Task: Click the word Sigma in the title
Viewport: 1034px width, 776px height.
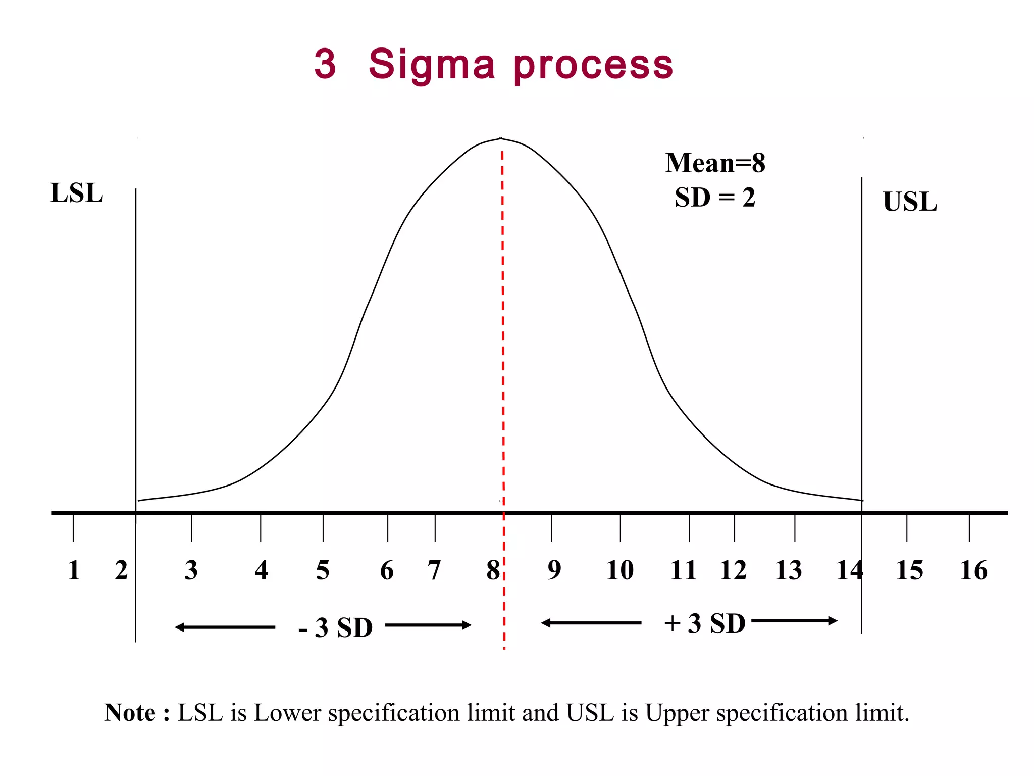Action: click(432, 65)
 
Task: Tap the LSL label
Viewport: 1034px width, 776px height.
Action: click(76, 193)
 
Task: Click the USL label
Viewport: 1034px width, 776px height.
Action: click(909, 202)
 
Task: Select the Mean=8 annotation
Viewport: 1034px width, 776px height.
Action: click(715, 163)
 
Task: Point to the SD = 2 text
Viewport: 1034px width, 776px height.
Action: click(715, 198)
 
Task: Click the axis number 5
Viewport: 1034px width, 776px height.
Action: click(323, 570)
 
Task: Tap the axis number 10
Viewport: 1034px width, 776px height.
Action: click(619, 570)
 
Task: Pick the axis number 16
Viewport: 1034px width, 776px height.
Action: click(973, 570)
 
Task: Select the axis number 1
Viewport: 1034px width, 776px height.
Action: click(74, 570)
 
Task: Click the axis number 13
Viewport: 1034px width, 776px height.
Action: click(788, 570)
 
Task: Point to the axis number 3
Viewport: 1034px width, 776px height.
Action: click(191, 570)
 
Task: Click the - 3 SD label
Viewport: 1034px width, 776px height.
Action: click(336, 628)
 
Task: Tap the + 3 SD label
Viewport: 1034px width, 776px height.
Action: click(705, 623)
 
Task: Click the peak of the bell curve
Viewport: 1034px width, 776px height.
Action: click(500, 138)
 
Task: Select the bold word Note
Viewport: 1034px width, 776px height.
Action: click(130, 713)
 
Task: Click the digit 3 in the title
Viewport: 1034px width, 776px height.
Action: click(325, 64)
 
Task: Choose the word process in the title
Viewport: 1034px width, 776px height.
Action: click(593, 66)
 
